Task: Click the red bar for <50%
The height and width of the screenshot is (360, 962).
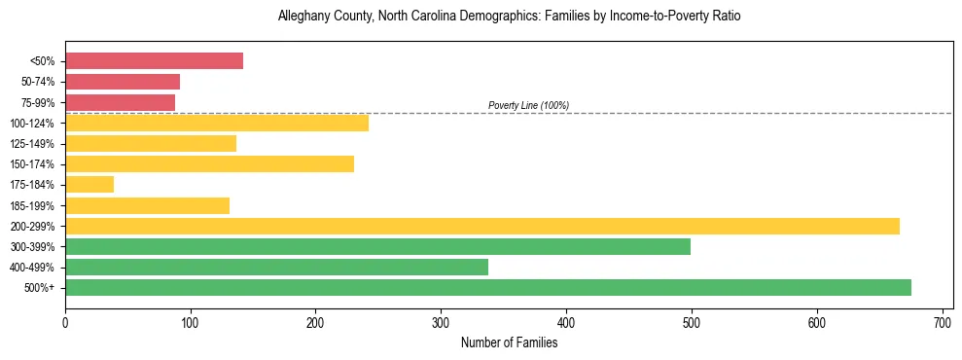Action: [154, 60]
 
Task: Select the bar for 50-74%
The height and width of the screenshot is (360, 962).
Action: [123, 82]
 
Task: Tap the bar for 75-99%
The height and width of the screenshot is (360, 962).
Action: [120, 102]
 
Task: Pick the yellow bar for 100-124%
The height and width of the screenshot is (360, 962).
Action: [217, 123]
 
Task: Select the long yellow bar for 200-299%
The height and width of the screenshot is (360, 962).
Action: [482, 226]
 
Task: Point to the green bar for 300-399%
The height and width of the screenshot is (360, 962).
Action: [377, 246]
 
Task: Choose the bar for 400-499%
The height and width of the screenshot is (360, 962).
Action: [276, 267]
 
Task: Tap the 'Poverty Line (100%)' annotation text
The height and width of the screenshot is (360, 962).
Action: [528, 105]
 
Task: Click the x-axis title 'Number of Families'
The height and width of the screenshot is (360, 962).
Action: [509, 342]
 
